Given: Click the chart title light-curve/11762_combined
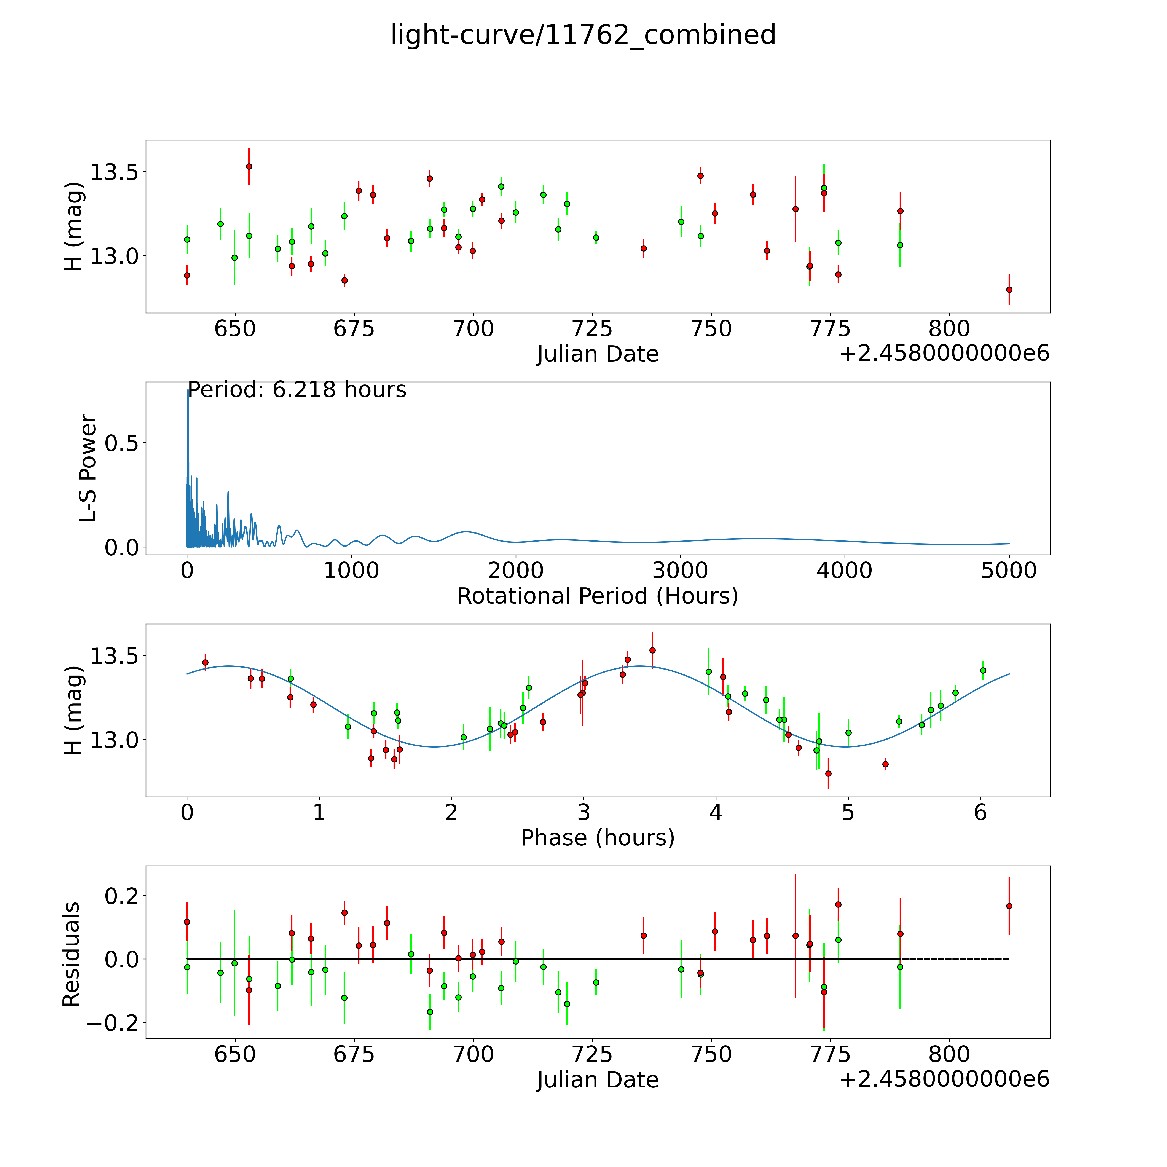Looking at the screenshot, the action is click(x=583, y=35).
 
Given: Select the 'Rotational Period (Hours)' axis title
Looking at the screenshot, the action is click(x=597, y=596).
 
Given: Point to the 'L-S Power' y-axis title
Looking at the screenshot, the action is click(x=88, y=468).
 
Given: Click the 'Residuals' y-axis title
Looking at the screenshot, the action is click(x=71, y=954).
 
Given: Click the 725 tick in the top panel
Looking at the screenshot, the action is click(x=592, y=329).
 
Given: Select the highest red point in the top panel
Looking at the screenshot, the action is click(x=249, y=166).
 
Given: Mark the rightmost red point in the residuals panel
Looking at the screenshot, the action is click(x=1009, y=906).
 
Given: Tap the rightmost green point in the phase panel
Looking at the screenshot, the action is click(x=983, y=670).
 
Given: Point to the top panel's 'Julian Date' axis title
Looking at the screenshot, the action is click(x=597, y=354).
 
